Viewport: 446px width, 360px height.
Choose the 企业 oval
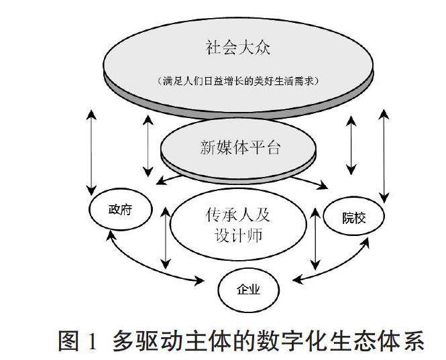pyautogui.click(x=247, y=290)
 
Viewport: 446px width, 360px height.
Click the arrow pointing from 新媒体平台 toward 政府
pyautogui.click(x=176, y=176)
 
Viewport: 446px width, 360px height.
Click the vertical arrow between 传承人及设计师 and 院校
pyautogui.click(x=315, y=239)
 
